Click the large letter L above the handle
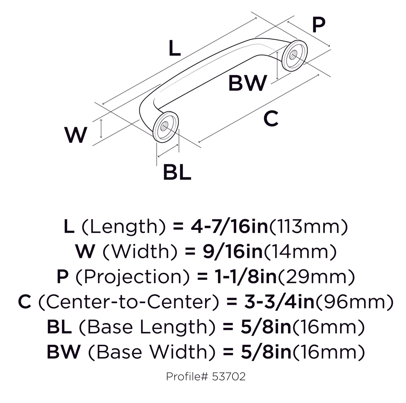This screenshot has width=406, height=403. pyautogui.click(x=175, y=48)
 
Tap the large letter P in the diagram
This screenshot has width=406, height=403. pyautogui.click(x=319, y=25)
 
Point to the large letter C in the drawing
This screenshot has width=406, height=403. pyautogui.click(x=271, y=118)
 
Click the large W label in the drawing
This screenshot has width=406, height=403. pyautogui.click(x=76, y=135)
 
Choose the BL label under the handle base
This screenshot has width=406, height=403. pyautogui.click(x=177, y=173)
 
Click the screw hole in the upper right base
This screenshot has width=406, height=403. pyautogui.click(x=292, y=55)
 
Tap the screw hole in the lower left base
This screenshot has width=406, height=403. pyautogui.click(x=163, y=127)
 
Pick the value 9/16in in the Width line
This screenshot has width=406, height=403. pyautogui.click(x=232, y=251)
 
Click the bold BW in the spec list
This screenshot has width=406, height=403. pyautogui.click(x=64, y=352)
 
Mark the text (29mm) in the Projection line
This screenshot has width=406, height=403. pyautogui.click(x=316, y=277)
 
